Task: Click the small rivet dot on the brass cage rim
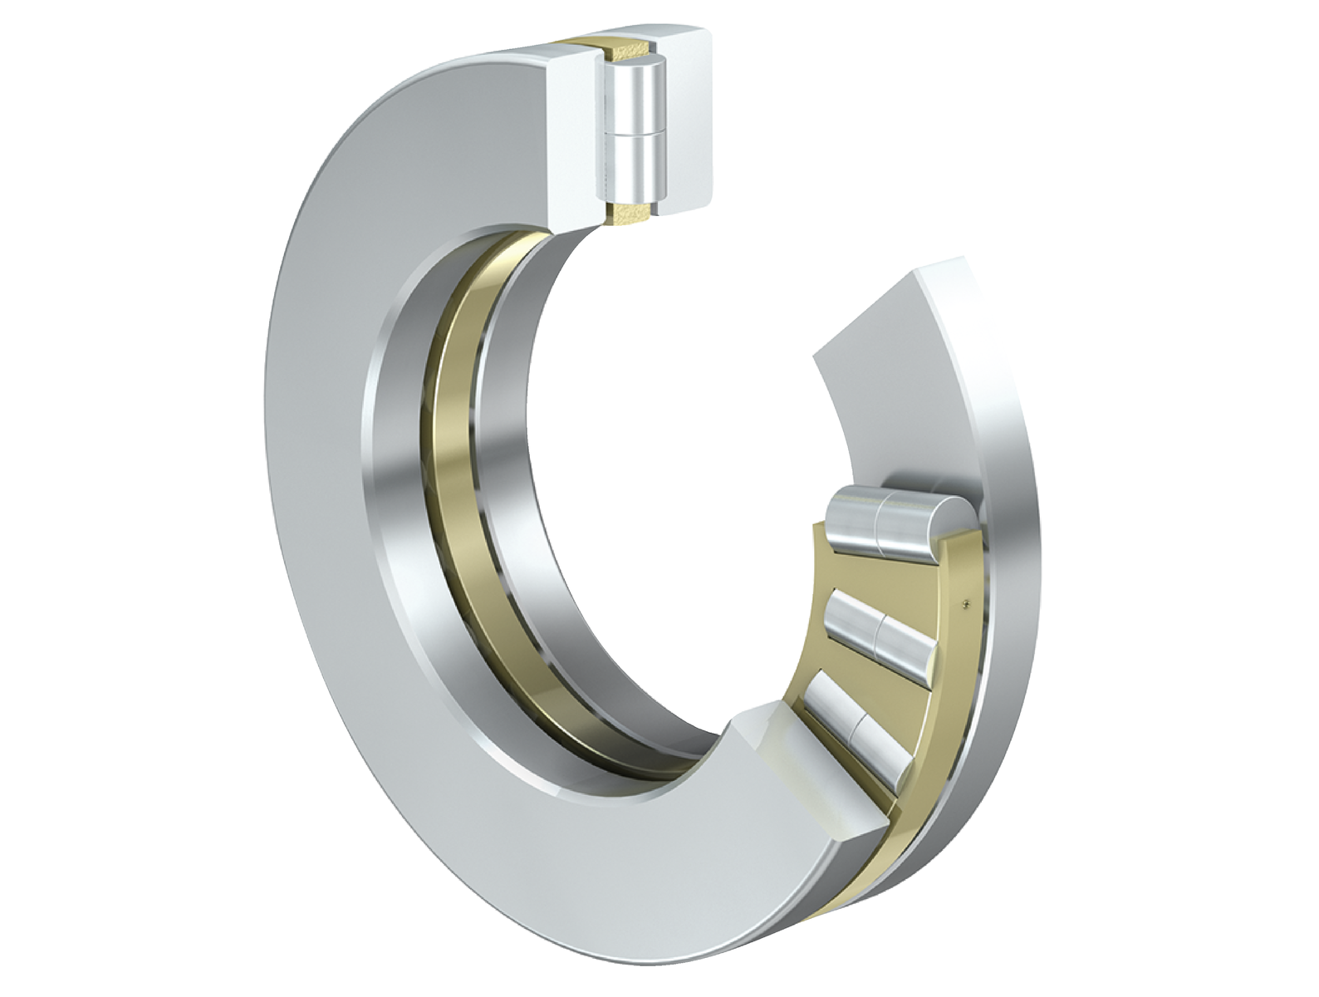(x=964, y=603)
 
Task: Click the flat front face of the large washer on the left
(x=332, y=582)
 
